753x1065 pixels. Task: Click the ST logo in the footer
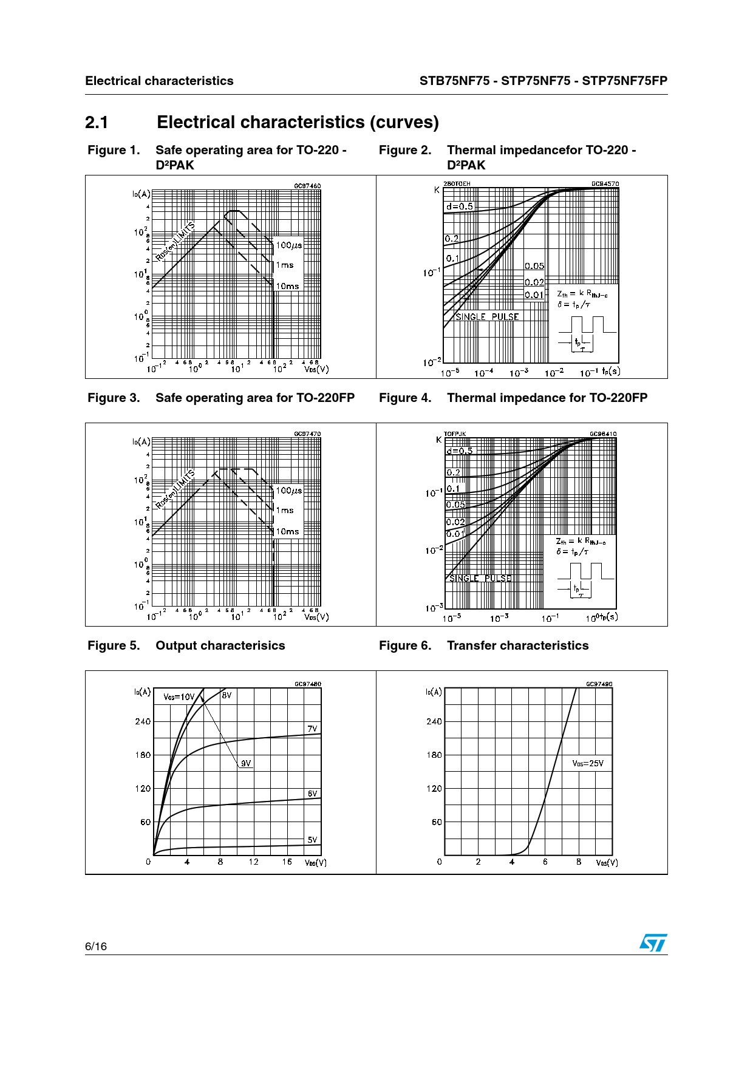pos(653,943)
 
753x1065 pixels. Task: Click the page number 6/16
pos(96,947)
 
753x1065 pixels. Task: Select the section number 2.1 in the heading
pos(97,123)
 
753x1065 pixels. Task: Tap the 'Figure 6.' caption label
pos(405,645)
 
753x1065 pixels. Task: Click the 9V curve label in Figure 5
pos(245,764)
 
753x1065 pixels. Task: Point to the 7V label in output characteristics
pos(312,729)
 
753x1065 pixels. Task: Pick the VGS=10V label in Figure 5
pos(179,697)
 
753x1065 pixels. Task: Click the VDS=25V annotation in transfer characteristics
pos(588,764)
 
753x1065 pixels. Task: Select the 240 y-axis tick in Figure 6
pos(434,721)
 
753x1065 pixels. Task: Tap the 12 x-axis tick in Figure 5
pos(253,862)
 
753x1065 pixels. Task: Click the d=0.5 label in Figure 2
pos(459,206)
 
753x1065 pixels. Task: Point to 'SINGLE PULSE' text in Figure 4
pos(480,578)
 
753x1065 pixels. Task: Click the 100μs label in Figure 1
pos(288,245)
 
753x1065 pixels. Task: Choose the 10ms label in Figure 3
pos(288,531)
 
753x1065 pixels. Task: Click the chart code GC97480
pos(308,684)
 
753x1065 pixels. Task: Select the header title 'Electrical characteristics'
pos(159,81)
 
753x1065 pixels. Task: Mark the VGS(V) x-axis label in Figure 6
pos(607,863)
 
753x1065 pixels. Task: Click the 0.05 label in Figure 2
pos(534,266)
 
